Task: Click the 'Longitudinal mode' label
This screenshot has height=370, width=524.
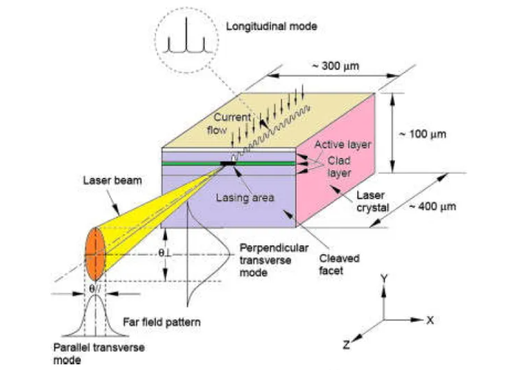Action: [x=272, y=26]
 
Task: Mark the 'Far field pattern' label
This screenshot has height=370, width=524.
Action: [x=161, y=322]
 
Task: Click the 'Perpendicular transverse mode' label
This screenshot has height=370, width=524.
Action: [x=268, y=258]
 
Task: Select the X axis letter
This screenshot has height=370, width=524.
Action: [x=430, y=320]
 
